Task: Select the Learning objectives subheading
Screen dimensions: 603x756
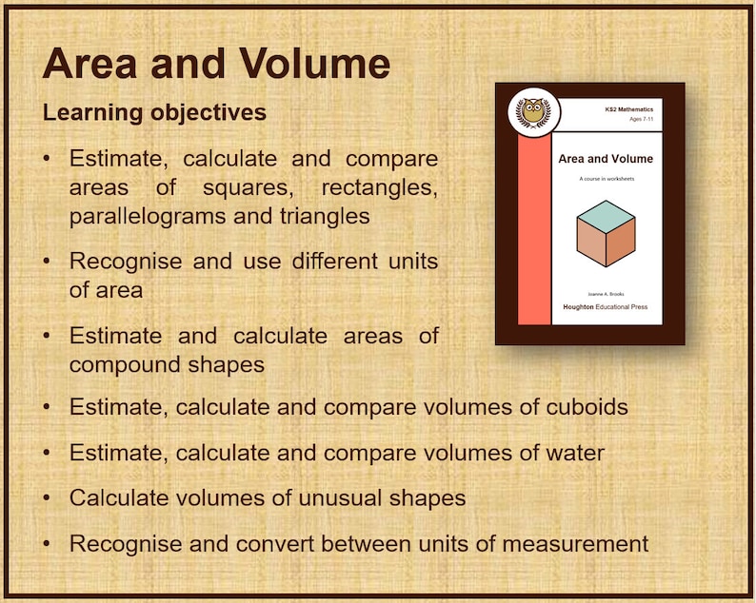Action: (x=154, y=113)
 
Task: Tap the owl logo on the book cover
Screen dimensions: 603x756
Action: (x=533, y=112)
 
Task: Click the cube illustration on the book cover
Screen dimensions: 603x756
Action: (x=607, y=232)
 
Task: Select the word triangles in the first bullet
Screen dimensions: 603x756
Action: (x=323, y=216)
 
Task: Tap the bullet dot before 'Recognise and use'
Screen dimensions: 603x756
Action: (x=47, y=262)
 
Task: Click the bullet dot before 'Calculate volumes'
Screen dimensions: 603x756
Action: (x=47, y=497)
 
